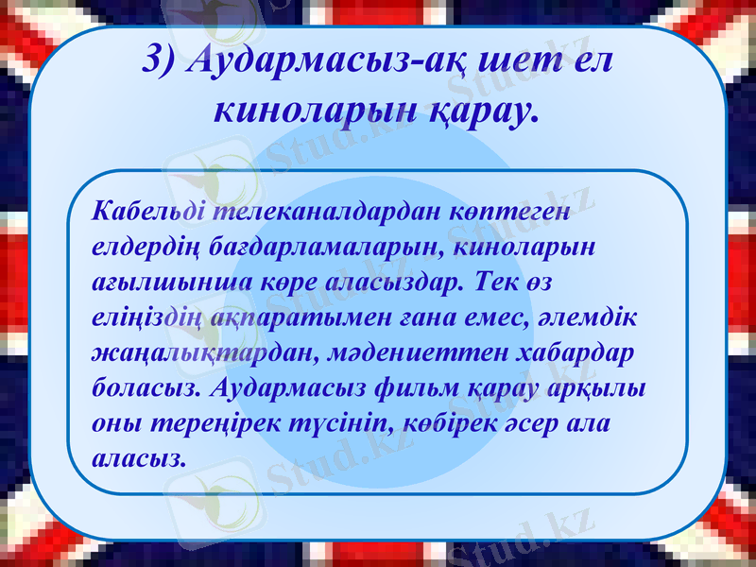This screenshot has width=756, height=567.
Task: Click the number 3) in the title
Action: [158, 61]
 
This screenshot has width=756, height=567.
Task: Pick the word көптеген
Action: [497, 211]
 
